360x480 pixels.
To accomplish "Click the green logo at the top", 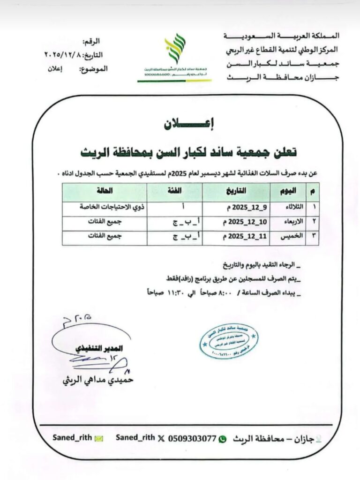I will (174, 49).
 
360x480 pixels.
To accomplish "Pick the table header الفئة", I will (175, 192).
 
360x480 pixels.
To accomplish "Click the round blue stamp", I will (228, 341).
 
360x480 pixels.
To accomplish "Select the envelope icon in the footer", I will (98, 439).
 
